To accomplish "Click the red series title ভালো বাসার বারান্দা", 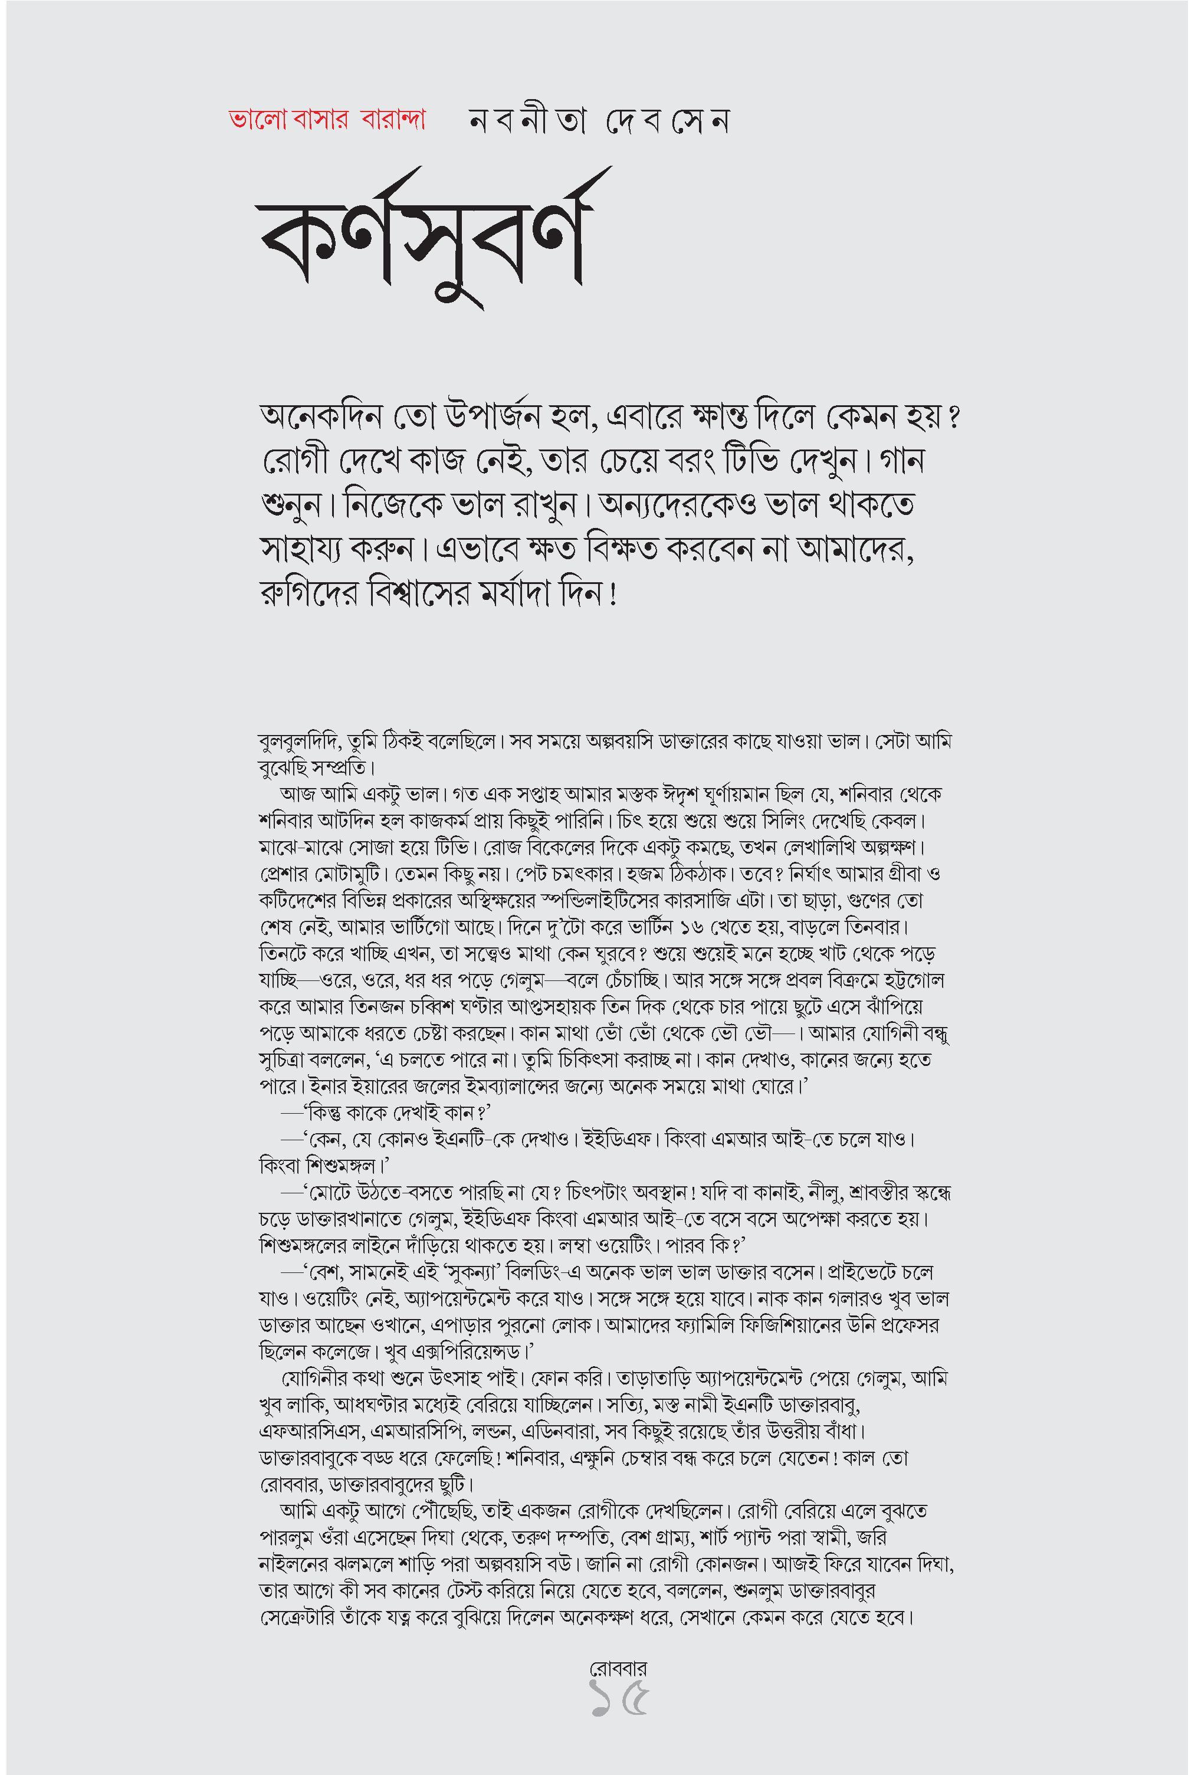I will (327, 121).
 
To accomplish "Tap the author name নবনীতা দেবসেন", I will (599, 122).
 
